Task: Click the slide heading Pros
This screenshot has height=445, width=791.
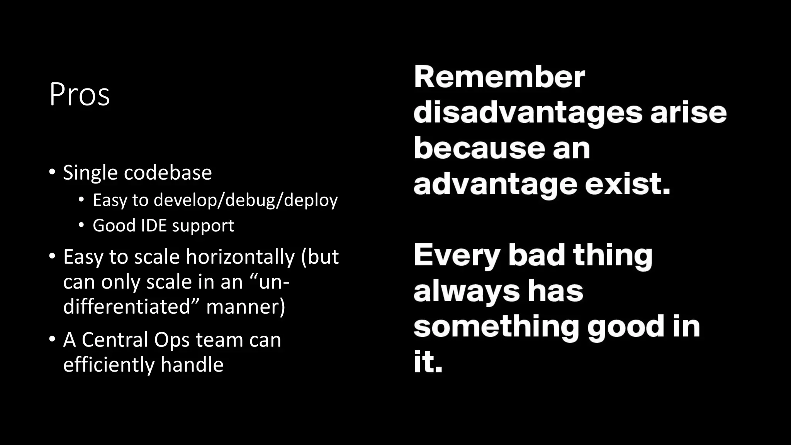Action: coord(80,95)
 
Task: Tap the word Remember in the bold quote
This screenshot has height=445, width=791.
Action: coord(499,77)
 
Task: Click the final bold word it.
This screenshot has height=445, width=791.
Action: coord(427,362)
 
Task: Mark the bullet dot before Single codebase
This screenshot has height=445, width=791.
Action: coord(52,172)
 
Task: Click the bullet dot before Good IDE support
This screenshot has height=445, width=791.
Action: coord(81,225)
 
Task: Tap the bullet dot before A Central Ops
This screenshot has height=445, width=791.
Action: coord(52,340)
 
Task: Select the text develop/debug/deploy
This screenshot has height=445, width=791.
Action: coord(245,200)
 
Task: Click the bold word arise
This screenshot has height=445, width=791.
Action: coord(688,113)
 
